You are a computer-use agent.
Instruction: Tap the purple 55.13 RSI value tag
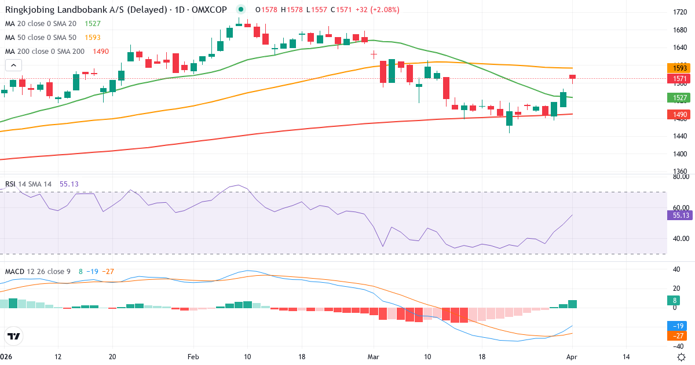click(x=677, y=215)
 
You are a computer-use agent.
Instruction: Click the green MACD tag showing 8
click(x=675, y=300)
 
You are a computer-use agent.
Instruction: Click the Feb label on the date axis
click(x=192, y=357)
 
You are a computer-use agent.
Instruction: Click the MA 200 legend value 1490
click(x=101, y=52)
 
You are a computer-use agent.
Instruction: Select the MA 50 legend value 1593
click(x=93, y=38)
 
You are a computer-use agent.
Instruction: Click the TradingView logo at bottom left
click(x=14, y=336)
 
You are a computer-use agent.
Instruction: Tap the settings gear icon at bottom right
click(x=682, y=357)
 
